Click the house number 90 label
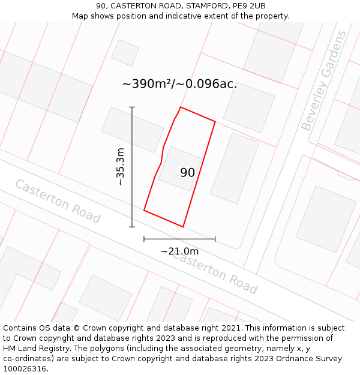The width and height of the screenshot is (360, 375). tap(187, 173)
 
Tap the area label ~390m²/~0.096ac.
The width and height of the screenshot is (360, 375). tap(179, 84)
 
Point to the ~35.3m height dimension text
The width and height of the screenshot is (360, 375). tap(121, 166)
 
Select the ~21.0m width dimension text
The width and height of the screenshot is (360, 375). tap(179, 251)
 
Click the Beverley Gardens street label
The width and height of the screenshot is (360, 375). tap(324, 80)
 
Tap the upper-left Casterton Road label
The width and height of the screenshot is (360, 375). tap(58, 201)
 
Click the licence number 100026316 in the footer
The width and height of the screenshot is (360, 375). tap(26, 369)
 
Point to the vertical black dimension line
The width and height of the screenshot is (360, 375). tap(132, 167)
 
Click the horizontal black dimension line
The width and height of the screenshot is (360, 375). tap(179, 239)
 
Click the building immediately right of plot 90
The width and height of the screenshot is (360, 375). tap(234, 168)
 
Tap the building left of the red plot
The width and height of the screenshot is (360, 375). tap(133, 130)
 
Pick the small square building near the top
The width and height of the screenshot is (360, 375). tap(125, 53)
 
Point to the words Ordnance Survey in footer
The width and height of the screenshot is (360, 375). tap(311, 359)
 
